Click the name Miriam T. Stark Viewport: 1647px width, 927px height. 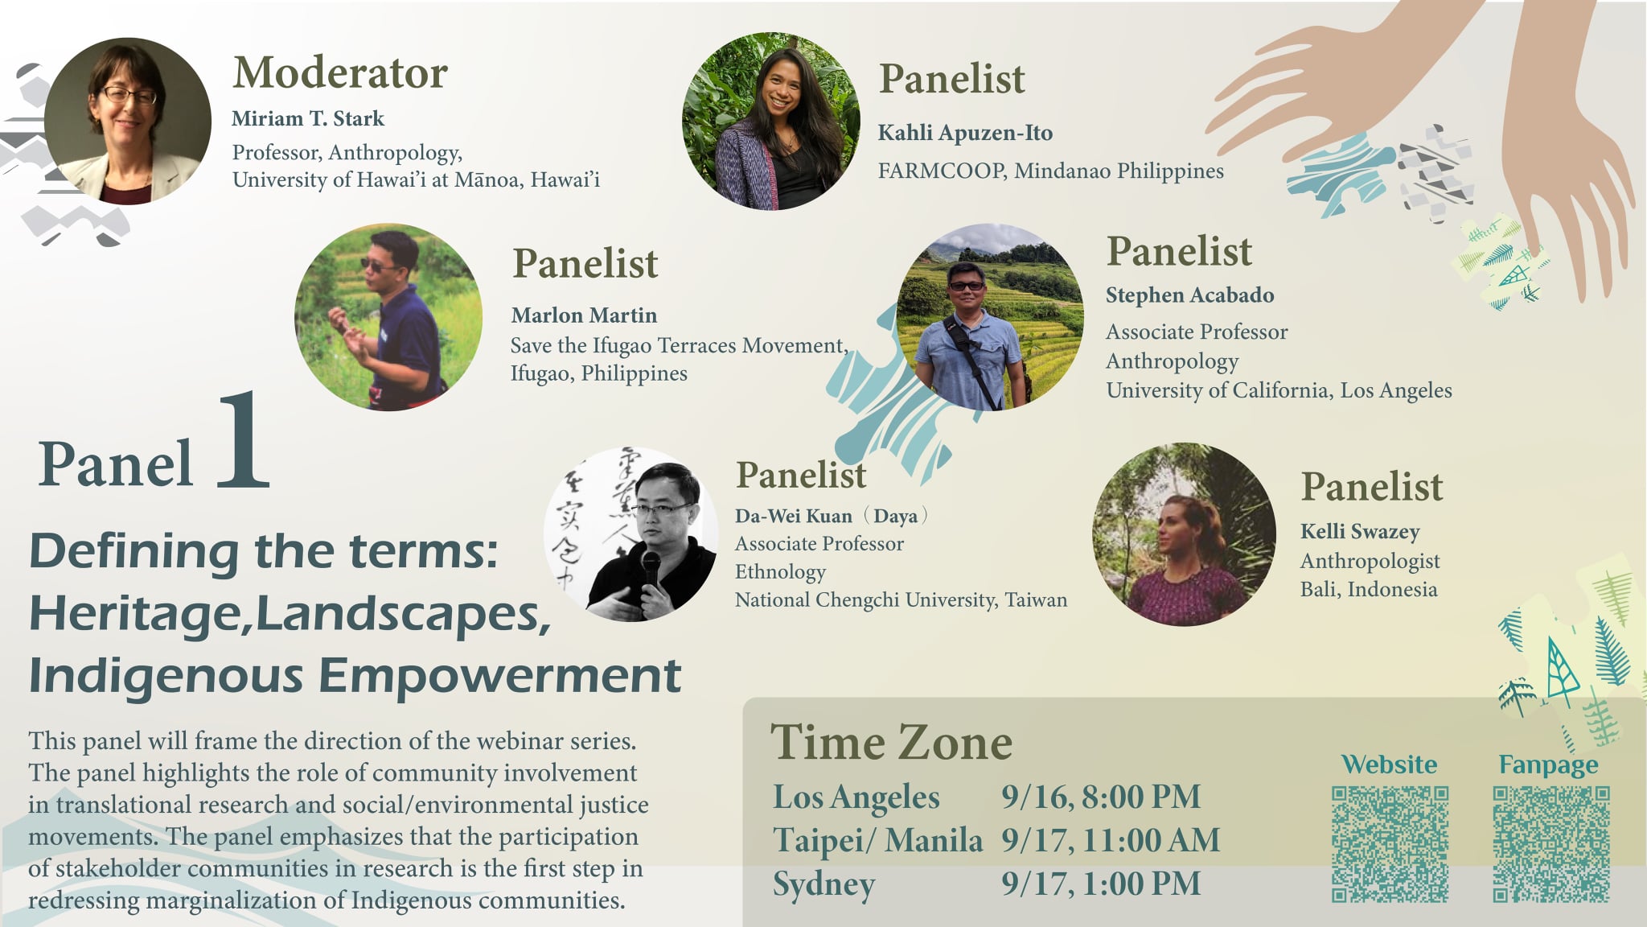pyautogui.click(x=308, y=118)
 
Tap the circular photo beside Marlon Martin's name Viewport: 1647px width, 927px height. pyautogui.click(x=388, y=317)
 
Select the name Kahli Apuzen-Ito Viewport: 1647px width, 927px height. pyautogui.click(x=965, y=133)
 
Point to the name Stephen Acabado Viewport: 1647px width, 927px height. pyautogui.click(x=1189, y=295)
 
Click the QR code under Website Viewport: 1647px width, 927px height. pyautogui.click(x=1390, y=844)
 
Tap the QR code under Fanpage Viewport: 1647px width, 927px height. pyautogui.click(x=1551, y=844)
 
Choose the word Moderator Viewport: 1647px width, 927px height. pyautogui.click(x=340, y=72)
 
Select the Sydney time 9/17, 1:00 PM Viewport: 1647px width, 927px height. pyautogui.click(x=1101, y=884)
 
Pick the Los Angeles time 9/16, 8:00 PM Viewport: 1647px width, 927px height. pyautogui.click(x=1101, y=797)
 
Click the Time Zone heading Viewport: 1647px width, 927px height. pyautogui.click(x=891, y=742)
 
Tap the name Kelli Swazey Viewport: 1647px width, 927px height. pyautogui.click(x=1360, y=532)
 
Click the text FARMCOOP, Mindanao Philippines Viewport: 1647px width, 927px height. pyautogui.click(x=1050, y=171)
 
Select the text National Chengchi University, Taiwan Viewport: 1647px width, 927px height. pyautogui.click(x=901, y=599)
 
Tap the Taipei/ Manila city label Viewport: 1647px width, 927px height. pyautogui.click(x=877, y=840)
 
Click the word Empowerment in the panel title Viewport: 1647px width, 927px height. pyautogui.click(x=500, y=676)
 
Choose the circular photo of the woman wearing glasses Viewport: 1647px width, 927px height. pyautogui.click(x=128, y=122)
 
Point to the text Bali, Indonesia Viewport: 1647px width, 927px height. pyautogui.click(x=1368, y=589)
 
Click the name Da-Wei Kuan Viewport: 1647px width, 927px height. pyautogui.click(x=793, y=516)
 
